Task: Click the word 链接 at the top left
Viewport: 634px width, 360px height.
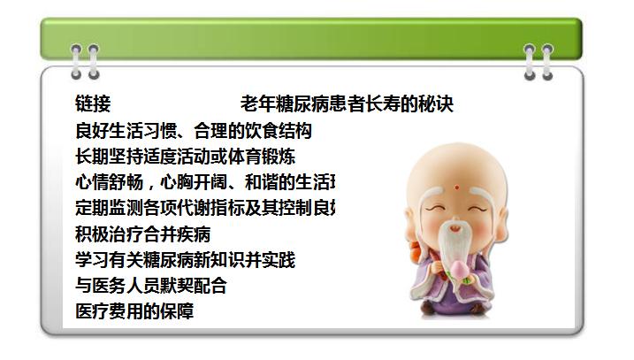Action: tap(93, 104)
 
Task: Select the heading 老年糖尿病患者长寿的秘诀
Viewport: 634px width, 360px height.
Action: tap(347, 104)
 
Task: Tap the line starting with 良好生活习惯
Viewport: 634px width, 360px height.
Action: tap(194, 132)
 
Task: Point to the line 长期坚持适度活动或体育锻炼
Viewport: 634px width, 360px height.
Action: tap(186, 157)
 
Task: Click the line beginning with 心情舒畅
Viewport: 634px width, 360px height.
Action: tap(205, 183)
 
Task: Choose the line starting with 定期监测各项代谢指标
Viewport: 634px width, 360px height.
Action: tap(205, 209)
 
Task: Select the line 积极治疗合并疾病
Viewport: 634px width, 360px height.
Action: tap(143, 234)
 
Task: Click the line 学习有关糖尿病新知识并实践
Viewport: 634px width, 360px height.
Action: tap(186, 260)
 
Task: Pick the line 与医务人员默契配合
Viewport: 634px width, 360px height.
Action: tap(151, 286)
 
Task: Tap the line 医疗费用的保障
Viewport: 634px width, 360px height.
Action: tap(134, 311)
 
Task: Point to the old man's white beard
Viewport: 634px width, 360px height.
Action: tap(458, 243)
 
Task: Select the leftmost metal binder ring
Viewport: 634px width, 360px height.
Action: tap(77, 60)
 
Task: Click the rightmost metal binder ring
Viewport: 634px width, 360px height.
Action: tap(547, 60)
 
